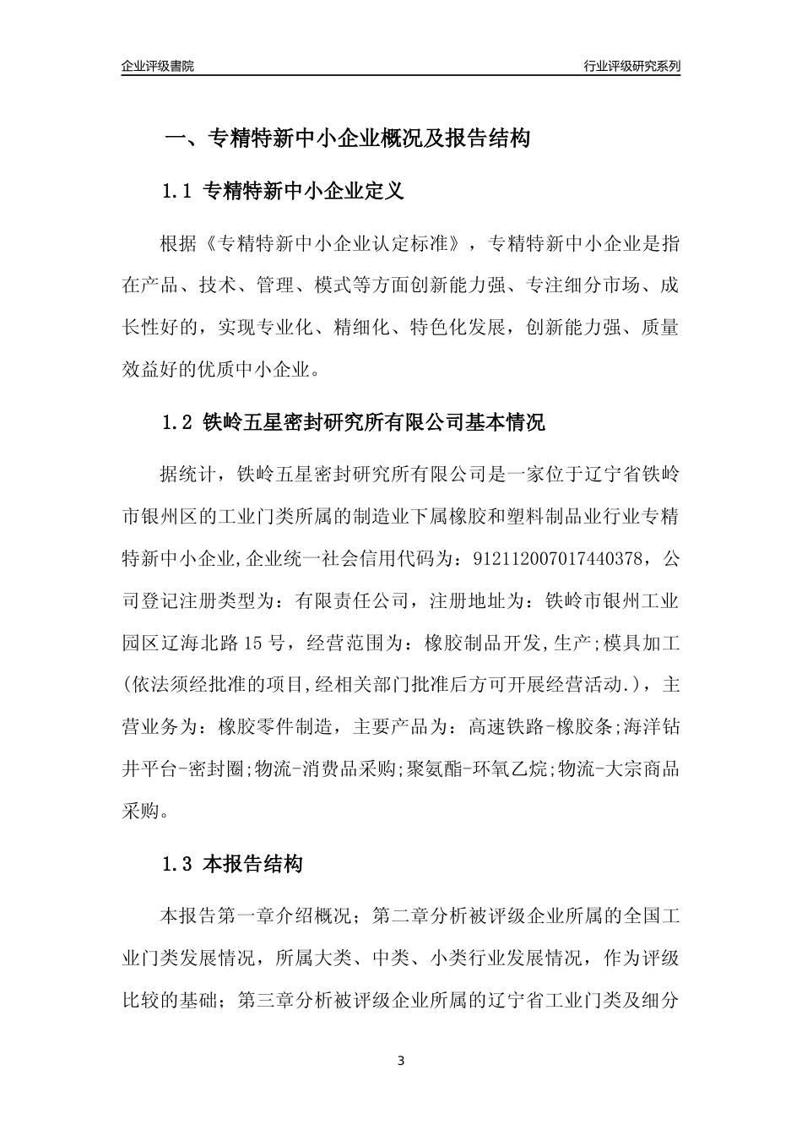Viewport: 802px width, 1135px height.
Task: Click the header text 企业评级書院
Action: (x=158, y=67)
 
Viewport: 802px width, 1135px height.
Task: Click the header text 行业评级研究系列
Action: (x=631, y=67)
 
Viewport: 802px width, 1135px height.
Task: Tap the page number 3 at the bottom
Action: (x=401, y=1061)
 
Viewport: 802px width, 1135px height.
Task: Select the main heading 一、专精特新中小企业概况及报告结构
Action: (x=346, y=138)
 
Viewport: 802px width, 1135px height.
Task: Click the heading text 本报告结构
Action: (x=253, y=865)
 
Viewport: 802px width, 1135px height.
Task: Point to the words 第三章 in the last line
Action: (x=266, y=1001)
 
